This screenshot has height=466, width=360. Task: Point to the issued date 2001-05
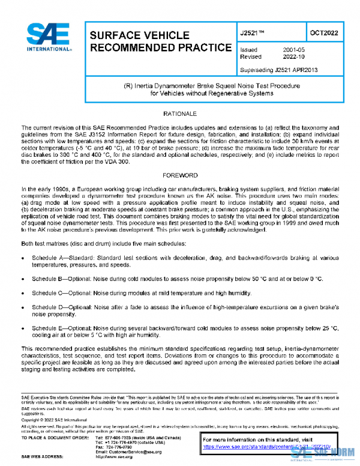295,50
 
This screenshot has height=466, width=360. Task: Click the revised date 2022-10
295,56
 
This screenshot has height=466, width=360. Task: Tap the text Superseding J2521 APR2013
278,70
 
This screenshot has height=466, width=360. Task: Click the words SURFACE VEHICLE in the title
130,35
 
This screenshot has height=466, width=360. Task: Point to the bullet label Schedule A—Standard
62,257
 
